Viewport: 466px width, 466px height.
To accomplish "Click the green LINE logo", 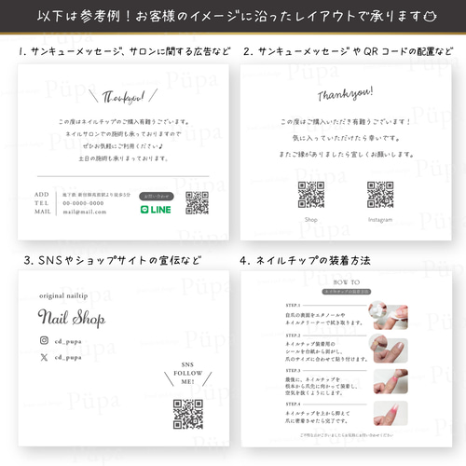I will (x=155, y=211).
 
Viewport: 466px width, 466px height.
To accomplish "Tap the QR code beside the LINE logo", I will (x=197, y=203).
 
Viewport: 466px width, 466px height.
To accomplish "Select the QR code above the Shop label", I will (x=311, y=194).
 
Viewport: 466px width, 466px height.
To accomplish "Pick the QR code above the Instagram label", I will (x=379, y=194).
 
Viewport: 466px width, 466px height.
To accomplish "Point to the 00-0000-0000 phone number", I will (x=83, y=203).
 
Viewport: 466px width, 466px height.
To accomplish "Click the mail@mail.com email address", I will (x=85, y=212).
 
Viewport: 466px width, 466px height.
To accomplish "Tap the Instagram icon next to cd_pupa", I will (x=44, y=340).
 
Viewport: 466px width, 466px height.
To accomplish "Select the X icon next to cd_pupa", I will (x=44, y=356).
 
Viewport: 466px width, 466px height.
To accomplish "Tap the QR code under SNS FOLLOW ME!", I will (x=188, y=413).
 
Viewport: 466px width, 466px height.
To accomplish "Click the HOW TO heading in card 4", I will (x=345, y=280).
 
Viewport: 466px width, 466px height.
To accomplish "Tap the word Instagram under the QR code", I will (x=379, y=219).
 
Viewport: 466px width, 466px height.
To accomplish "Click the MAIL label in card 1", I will (x=43, y=212).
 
